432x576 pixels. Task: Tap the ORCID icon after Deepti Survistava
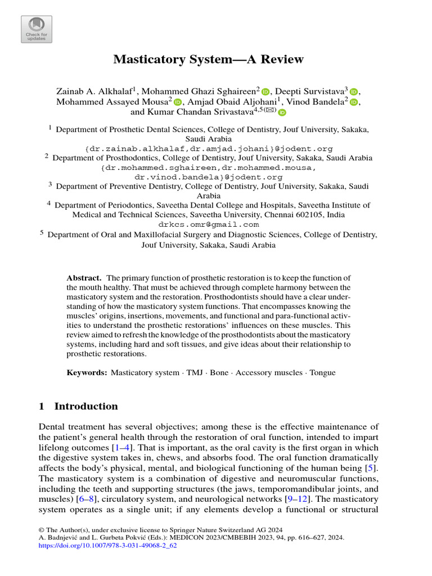354,92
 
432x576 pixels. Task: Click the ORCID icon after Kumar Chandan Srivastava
282,113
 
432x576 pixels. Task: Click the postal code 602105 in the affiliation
310,214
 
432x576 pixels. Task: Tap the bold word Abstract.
84,278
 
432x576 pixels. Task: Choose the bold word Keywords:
87,372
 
